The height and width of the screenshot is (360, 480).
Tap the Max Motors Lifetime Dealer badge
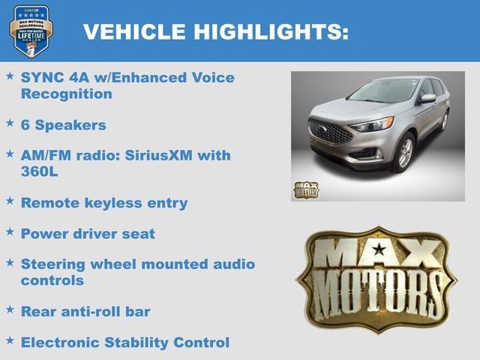31,31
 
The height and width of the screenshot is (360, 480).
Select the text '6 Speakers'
64,124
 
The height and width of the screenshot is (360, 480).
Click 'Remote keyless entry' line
104,202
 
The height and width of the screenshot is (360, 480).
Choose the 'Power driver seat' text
88,233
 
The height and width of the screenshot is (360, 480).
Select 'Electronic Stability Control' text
124,342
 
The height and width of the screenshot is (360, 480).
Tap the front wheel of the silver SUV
406,153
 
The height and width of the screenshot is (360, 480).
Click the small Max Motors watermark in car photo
305,190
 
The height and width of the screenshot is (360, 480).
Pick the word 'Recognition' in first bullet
67,94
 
